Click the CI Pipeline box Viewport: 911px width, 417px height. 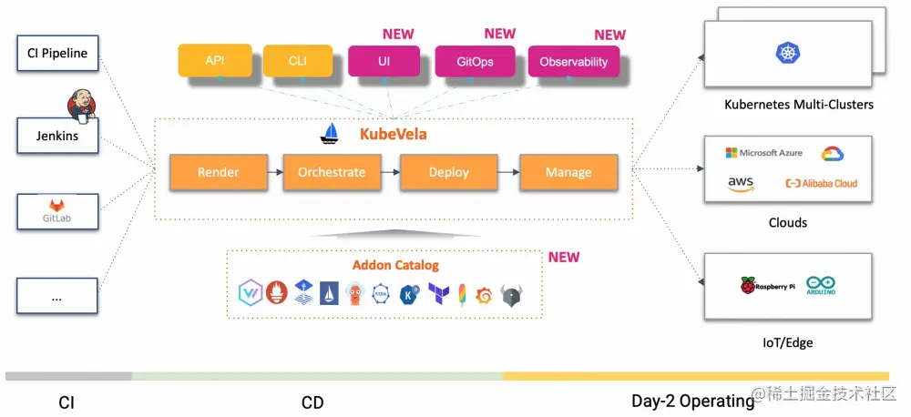pos(57,53)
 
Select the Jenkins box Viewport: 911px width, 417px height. pos(57,136)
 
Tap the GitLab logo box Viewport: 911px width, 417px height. pos(57,211)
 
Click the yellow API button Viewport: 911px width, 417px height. pos(215,60)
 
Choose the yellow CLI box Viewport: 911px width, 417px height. pos(298,60)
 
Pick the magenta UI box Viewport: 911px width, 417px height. pos(384,60)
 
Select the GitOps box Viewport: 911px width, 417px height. pos(476,61)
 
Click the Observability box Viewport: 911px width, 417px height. pos(574,61)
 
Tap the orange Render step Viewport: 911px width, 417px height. pos(219,172)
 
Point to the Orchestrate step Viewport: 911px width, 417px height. pos(332,172)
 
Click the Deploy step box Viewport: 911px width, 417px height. pos(448,172)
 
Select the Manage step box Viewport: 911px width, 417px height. pos(568,172)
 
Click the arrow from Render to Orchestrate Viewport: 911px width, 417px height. pos(275,172)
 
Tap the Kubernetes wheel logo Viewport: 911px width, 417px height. pos(788,53)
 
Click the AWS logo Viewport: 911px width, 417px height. pos(741,184)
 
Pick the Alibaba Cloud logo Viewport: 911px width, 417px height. pos(821,184)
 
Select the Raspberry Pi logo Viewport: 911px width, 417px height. pos(767,286)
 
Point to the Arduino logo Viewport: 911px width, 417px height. pos(821,285)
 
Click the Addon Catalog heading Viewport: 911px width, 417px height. pos(395,266)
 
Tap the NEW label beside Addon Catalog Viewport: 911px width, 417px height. pos(564,258)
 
